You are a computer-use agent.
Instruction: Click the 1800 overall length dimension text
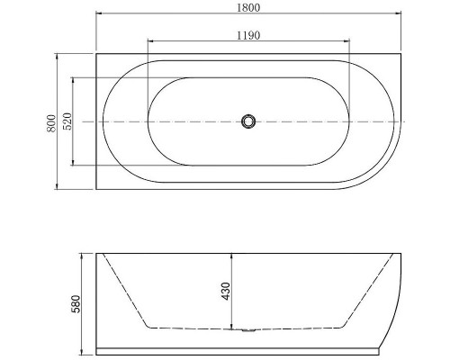249,8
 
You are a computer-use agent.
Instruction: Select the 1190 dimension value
249,35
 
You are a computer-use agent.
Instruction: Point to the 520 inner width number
67,121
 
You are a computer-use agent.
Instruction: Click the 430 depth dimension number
225,291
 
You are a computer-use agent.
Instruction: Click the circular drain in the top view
248,121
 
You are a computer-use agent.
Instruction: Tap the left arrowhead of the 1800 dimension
99,15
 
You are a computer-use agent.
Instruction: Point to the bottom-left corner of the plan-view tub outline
96,189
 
